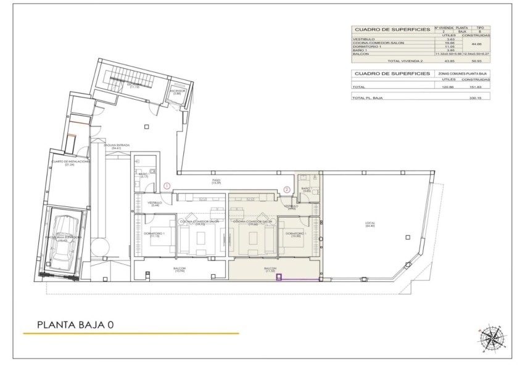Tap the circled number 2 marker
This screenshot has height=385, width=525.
[287, 190]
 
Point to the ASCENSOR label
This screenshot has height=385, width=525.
[176, 91]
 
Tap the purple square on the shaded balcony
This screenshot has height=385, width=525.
[278, 277]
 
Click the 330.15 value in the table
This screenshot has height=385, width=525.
[474, 98]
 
